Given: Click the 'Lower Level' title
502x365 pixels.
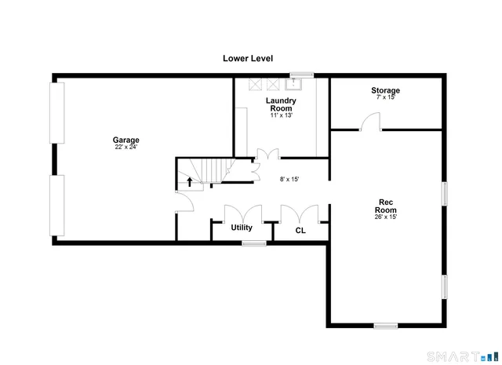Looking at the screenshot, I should [x=247, y=58].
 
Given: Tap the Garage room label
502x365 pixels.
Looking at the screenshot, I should [x=125, y=140].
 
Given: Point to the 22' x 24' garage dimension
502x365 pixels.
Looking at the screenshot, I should [x=125, y=147].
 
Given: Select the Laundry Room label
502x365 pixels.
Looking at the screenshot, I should [x=280, y=105].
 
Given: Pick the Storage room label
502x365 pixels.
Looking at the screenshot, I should [x=385, y=91].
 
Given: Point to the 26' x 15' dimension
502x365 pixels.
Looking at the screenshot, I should [x=385, y=217].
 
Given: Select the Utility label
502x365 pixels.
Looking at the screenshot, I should [x=241, y=228].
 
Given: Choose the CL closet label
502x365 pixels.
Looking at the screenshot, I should [x=300, y=231].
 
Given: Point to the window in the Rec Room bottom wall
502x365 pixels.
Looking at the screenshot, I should [x=385, y=325].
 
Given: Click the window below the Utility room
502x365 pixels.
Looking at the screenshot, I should [x=254, y=243].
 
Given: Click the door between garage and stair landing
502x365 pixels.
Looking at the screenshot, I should [x=184, y=203].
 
